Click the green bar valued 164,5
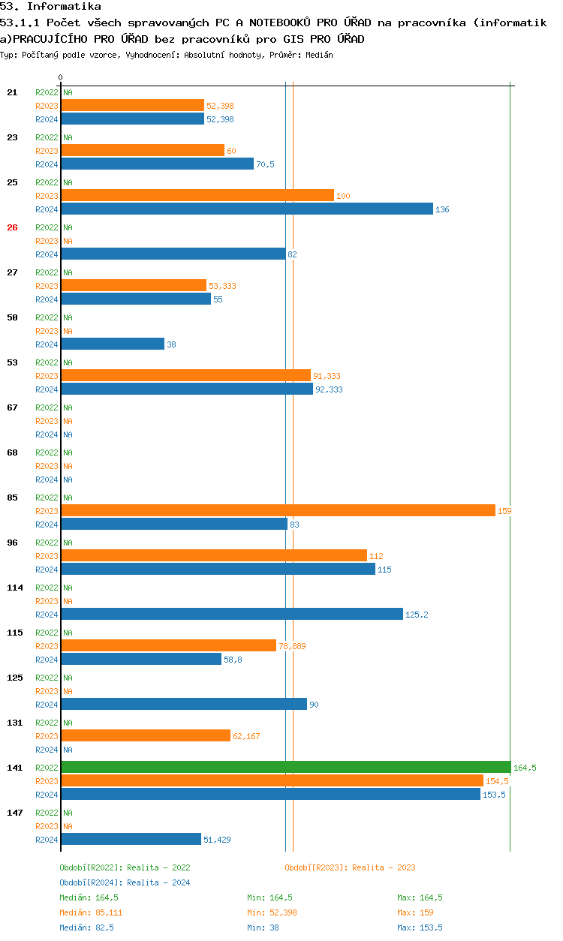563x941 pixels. coord(285,767)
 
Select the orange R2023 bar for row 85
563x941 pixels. coord(278,510)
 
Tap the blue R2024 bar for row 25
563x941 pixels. coord(247,209)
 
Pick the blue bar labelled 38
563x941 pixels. coord(113,344)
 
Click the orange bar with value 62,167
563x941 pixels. coord(146,735)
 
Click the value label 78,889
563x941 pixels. coord(293,646)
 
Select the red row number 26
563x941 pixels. coord(12,227)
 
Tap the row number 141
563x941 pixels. coord(15,768)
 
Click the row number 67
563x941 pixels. coord(12,407)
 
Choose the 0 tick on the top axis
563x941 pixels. coord(61,77)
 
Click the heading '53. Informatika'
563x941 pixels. coord(50,7)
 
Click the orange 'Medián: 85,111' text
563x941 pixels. coord(91,912)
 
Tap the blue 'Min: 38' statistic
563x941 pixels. coord(262,927)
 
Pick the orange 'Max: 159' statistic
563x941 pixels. coord(415,912)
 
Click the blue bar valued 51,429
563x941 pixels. coord(131,839)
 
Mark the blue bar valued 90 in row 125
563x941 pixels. coord(184,704)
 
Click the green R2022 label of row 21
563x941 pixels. coord(47,92)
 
